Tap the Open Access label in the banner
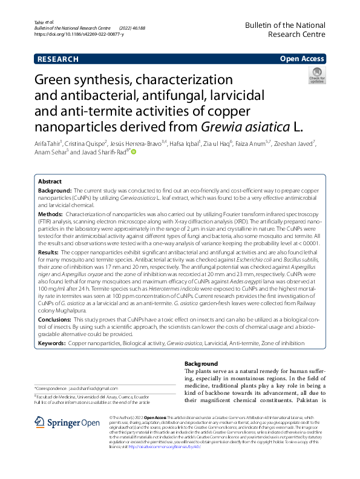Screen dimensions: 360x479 pyautogui.click(x=301, y=59)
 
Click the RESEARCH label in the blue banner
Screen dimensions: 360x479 pyautogui.click(x=58, y=59)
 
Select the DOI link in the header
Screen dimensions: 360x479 pyautogui.click(x=76, y=35)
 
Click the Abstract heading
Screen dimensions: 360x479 pyautogui.click(x=50, y=164)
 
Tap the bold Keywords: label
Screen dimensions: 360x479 pyautogui.click(x=52, y=343)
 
